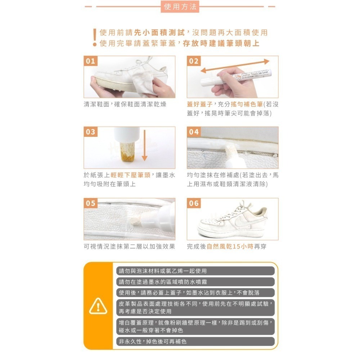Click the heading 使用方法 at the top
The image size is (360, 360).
pos(180,6)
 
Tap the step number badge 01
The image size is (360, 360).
pos(90,61)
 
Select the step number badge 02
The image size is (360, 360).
pos(194,61)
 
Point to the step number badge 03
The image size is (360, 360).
pos(90,132)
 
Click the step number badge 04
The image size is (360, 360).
pos(194,132)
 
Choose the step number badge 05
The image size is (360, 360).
pos(90,203)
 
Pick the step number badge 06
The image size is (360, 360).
pos(194,203)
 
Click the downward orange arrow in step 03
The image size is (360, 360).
pos(144,145)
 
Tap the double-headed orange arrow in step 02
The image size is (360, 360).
pos(235,66)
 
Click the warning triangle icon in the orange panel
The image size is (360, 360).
pos(98,306)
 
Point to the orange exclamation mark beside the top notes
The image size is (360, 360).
pos(95,38)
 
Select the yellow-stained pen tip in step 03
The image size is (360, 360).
pos(127,152)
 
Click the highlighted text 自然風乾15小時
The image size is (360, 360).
pos(230,247)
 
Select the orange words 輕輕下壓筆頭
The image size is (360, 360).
pos(130,175)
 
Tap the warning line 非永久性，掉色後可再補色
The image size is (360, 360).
pos(152,342)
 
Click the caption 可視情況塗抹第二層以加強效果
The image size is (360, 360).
pos(130,247)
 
